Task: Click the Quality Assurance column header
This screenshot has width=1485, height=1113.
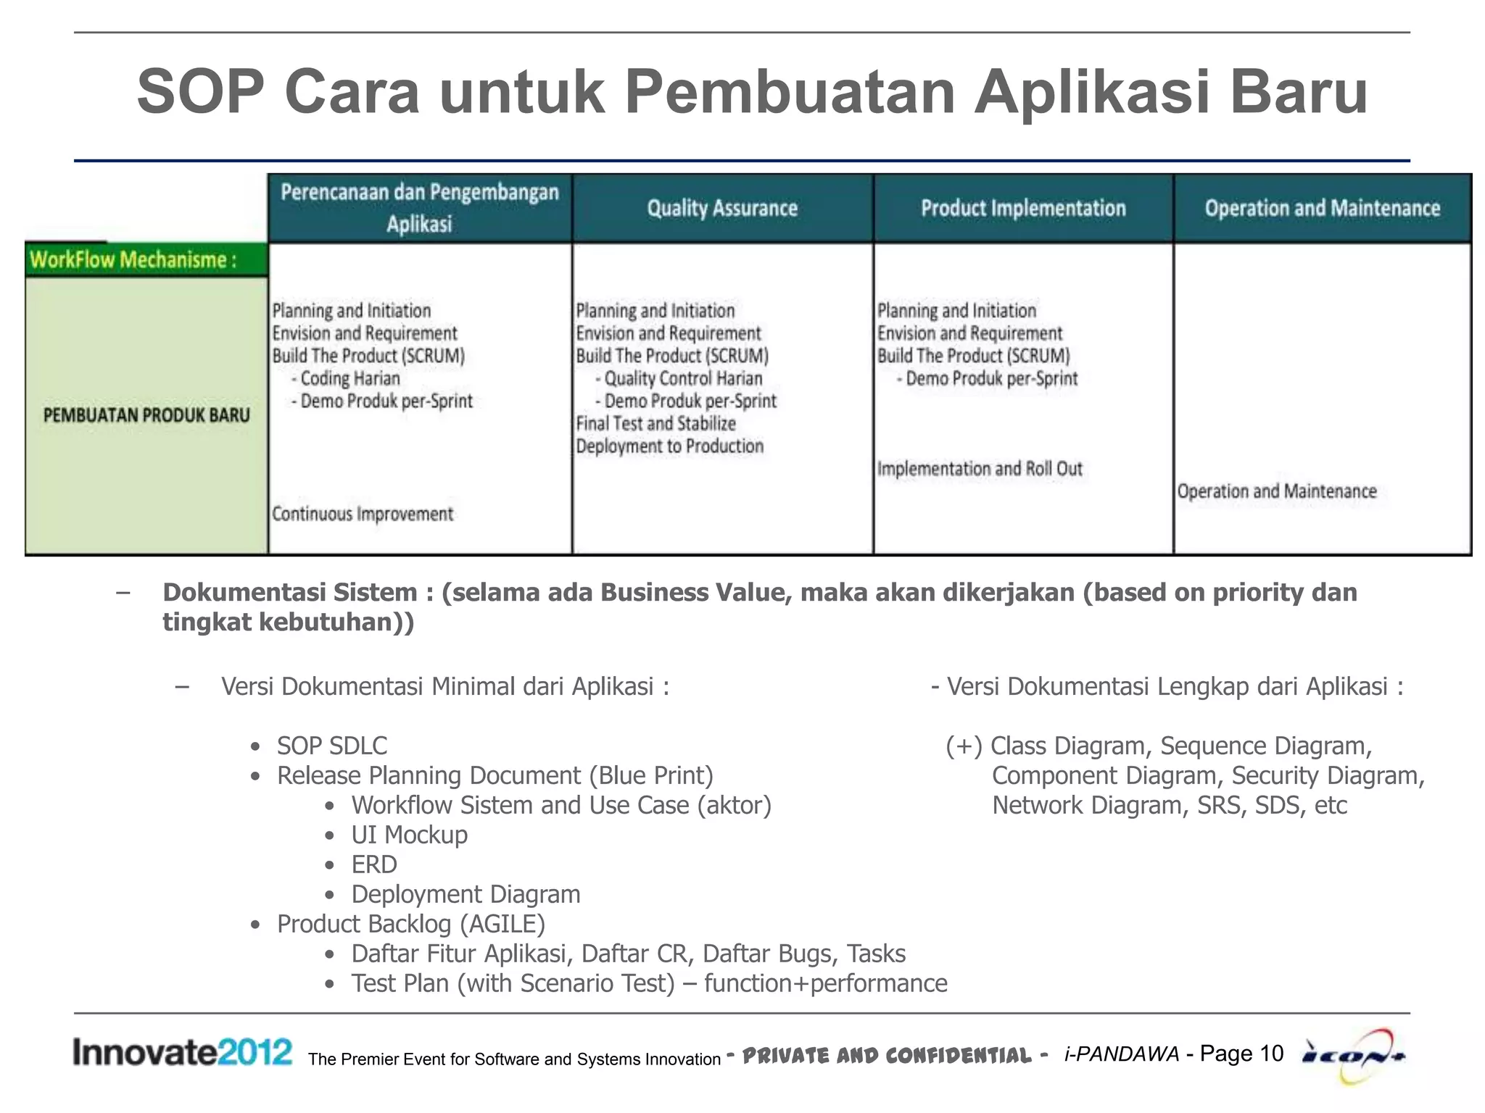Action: pyautogui.click(x=722, y=209)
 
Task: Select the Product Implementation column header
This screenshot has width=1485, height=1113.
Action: pyautogui.click(x=1023, y=209)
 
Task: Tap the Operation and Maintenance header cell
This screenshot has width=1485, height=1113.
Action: pyautogui.click(x=1322, y=209)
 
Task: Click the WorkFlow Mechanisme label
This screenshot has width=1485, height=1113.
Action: pyautogui.click(x=133, y=259)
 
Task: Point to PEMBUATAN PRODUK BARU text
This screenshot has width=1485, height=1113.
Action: pyautogui.click(x=146, y=415)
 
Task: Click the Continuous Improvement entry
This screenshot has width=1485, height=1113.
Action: pyautogui.click(x=363, y=514)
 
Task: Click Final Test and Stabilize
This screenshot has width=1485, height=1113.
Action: pyautogui.click(x=655, y=423)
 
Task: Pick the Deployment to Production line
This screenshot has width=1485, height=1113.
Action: pyautogui.click(x=669, y=446)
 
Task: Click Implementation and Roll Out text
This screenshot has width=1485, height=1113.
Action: pyautogui.click(x=980, y=469)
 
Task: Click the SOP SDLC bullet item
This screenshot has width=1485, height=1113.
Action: pyautogui.click(x=331, y=746)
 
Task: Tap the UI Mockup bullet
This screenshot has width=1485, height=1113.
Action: pyautogui.click(x=409, y=835)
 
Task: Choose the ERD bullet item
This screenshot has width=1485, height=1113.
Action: pyautogui.click(x=374, y=864)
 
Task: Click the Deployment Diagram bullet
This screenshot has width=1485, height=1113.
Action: pyautogui.click(x=466, y=894)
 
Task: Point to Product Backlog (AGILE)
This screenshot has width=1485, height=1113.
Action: pyautogui.click(x=410, y=924)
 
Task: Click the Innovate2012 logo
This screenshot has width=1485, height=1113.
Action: pyautogui.click(x=182, y=1051)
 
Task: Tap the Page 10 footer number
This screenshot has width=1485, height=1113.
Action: pyautogui.click(x=1241, y=1053)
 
